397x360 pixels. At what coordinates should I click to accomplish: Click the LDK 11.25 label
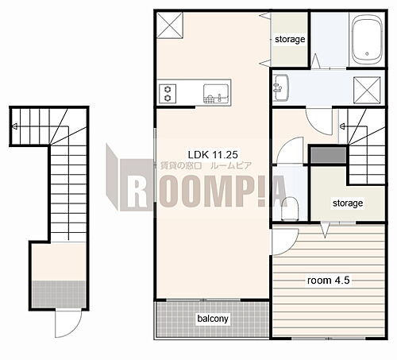click(x=213, y=154)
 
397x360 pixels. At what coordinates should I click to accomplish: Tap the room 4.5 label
click(x=329, y=281)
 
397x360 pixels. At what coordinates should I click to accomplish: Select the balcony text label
click(x=213, y=319)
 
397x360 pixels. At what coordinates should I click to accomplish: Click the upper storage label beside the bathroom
click(x=290, y=40)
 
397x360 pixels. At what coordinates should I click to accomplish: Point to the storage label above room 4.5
click(x=348, y=203)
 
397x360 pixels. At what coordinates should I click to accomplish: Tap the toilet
click(x=290, y=208)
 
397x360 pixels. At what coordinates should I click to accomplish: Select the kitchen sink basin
click(x=216, y=94)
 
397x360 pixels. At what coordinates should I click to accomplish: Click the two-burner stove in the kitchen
click(x=168, y=94)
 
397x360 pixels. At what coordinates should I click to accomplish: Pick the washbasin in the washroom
click(x=281, y=87)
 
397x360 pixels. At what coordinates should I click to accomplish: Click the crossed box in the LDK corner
click(x=170, y=25)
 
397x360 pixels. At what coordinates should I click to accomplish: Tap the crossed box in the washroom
click(x=367, y=90)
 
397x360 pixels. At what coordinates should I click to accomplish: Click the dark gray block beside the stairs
click(x=328, y=155)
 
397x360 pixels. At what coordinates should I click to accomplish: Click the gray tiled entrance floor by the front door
click(x=59, y=294)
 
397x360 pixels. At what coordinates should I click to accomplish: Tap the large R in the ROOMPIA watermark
click(x=137, y=191)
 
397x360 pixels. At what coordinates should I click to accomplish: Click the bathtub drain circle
click(x=367, y=54)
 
